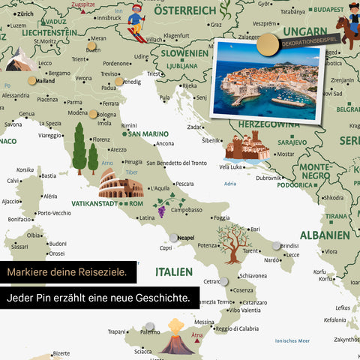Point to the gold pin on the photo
pos(266,46)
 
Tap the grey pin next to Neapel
pos(174,238)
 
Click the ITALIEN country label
pos(173,271)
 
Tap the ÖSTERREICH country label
pos(184,10)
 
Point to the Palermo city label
pos(150,331)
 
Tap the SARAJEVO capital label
pos(292,141)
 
